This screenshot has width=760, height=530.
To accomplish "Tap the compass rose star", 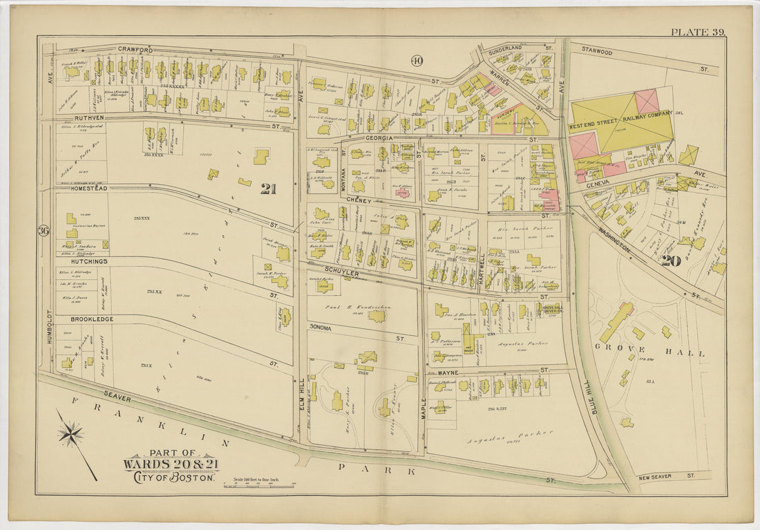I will coord(70,435).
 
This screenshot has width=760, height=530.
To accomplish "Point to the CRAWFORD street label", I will coord(135,49).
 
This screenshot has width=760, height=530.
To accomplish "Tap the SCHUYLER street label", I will coord(339,273).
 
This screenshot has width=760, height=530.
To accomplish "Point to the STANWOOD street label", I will coord(597,50).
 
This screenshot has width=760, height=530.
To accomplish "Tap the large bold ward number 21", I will coord(267,189).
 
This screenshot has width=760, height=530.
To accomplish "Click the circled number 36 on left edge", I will coord(44,230).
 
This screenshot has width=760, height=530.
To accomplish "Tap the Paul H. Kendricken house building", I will coord(377,316).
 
